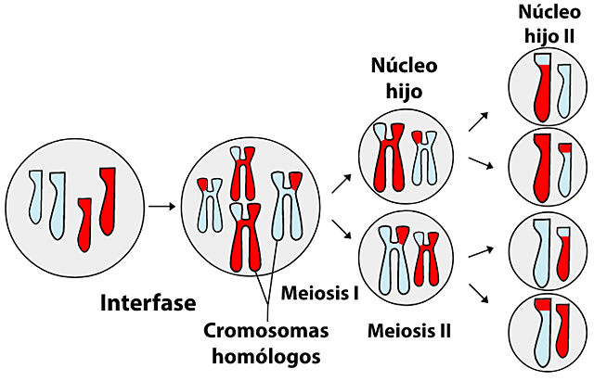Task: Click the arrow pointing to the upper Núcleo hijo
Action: pyautogui.click(x=342, y=182)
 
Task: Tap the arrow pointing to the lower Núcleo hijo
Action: pyautogui.click(x=342, y=231)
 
